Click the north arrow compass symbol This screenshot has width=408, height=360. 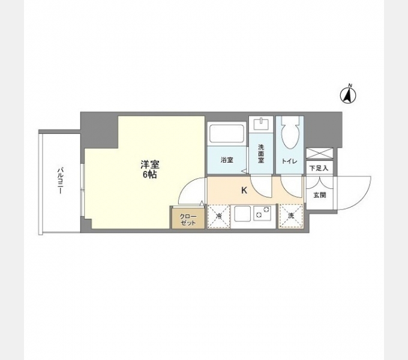pyautogui.click(x=349, y=94)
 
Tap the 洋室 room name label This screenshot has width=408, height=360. pyautogui.click(x=150, y=164)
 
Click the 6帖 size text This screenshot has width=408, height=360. pyautogui.click(x=150, y=175)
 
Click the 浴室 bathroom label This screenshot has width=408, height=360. pyautogui.click(x=227, y=160)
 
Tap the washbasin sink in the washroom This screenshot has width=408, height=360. pyautogui.click(x=262, y=125)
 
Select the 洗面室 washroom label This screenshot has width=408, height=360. pyautogui.click(x=262, y=155)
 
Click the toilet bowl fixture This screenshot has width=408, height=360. pyautogui.click(x=289, y=134)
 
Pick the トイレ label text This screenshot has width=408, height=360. pyautogui.click(x=289, y=161)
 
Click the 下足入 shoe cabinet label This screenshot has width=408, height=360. pyautogui.click(x=319, y=169)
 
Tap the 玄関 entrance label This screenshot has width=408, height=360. pyautogui.click(x=319, y=195)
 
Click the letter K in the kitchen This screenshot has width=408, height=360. pyautogui.click(x=244, y=191)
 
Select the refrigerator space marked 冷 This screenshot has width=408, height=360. pyautogui.click(x=219, y=216)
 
